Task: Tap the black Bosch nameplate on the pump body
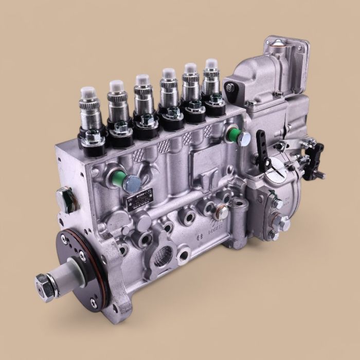(140, 199)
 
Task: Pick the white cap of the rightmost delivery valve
(210, 65)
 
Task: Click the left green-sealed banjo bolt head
(133, 181)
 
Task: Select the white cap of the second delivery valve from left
(116, 86)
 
